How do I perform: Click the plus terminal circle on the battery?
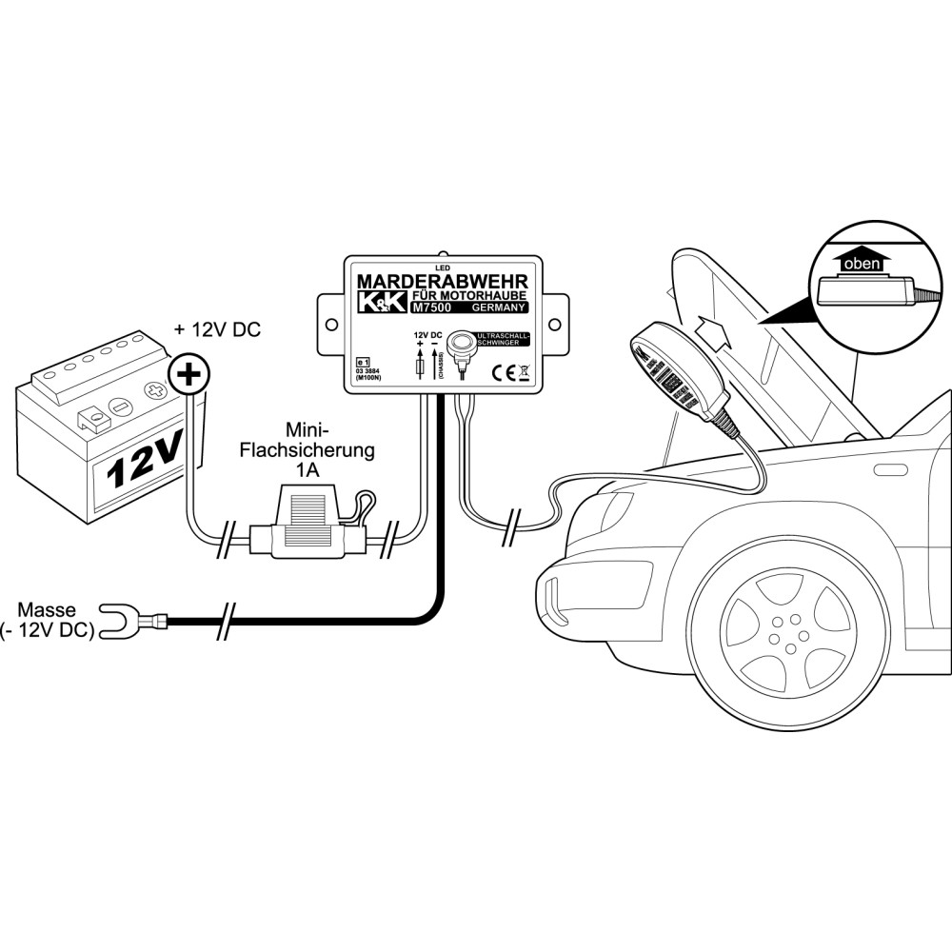click(189, 377)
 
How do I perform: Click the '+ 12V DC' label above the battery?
click(216, 331)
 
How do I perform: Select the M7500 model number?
click(435, 307)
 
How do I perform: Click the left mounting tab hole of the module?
click(330, 325)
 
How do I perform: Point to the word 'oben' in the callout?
click(863, 265)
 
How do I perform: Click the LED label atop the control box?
click(441, 267)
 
